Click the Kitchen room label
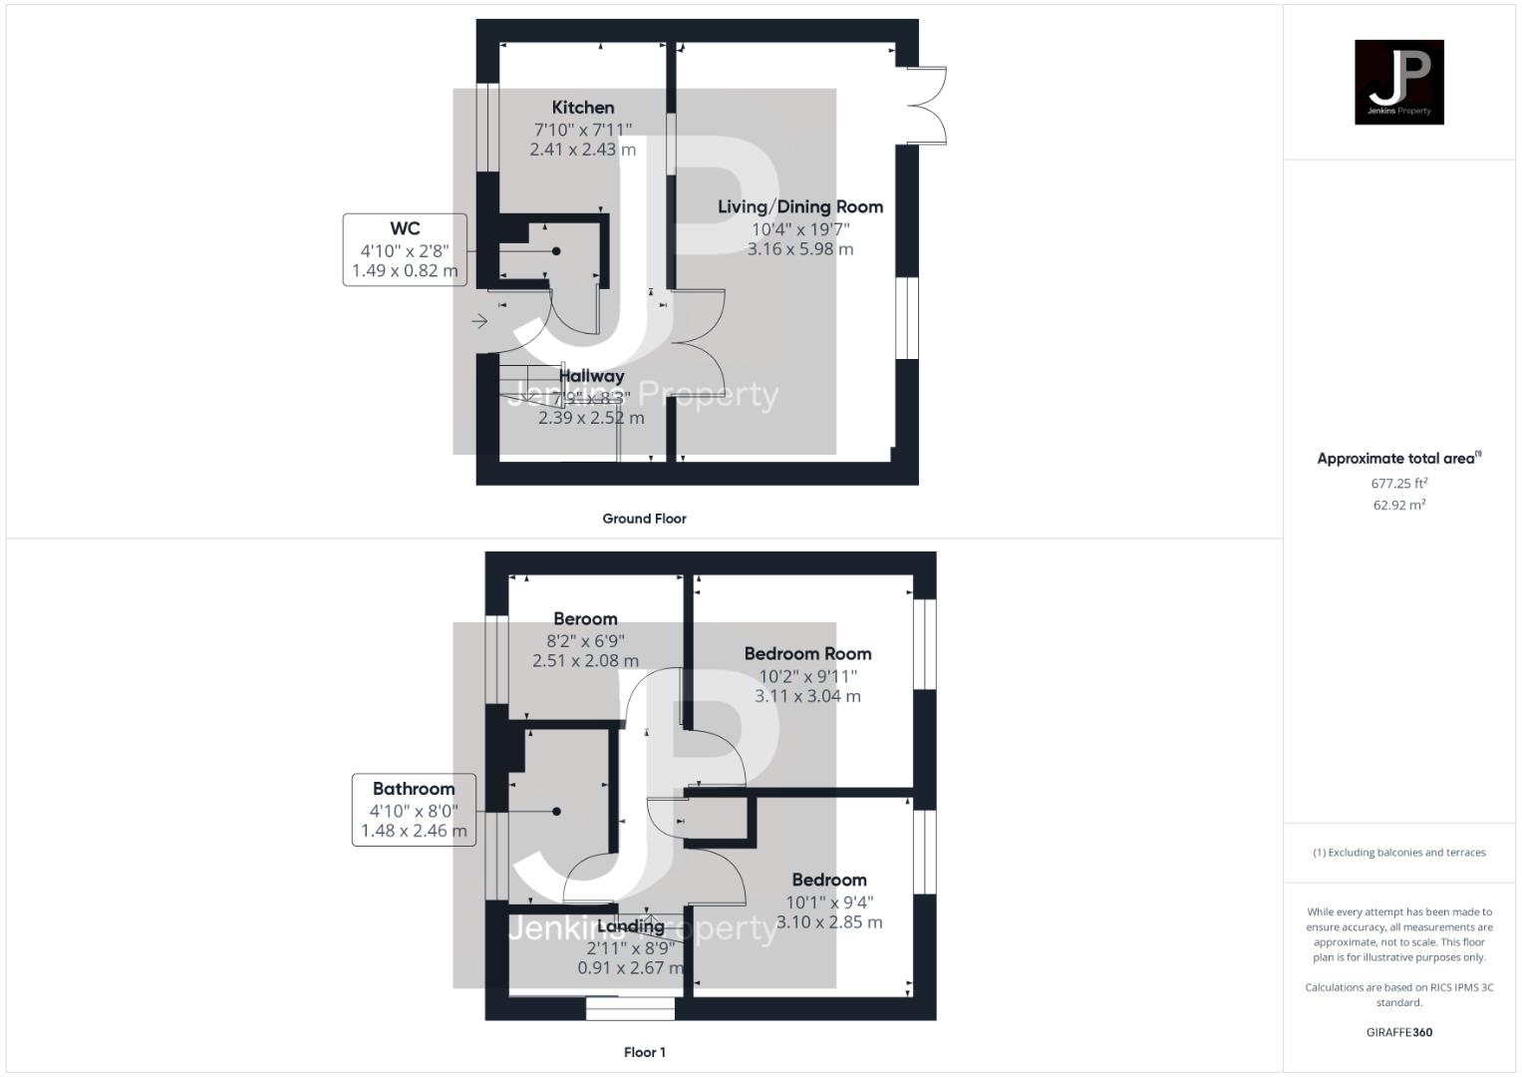(x=583, y=108)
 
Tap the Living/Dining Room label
(x=800, y=207)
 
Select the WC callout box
(x=405, y=249)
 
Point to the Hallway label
(x=591, y=376)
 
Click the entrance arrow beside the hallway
(x=479, y=321)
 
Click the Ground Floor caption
(x=644, y=519)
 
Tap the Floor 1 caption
(x=644, y=1052)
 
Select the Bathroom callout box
(x=414, y=809)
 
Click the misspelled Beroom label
(x=585, y=619)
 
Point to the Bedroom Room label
(x=807, y=654)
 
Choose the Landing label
(x=630, y=926)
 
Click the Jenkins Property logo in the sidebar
(x=1398, y=82)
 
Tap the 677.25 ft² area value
(x=1399, y=484)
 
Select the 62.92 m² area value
(x=1399, y=505)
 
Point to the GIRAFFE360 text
(x=1398, y=1032)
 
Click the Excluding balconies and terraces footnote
(x=1398, y=853)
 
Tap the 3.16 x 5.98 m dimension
(x=800, y=249)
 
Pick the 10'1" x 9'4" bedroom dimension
(x=829, y=901)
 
